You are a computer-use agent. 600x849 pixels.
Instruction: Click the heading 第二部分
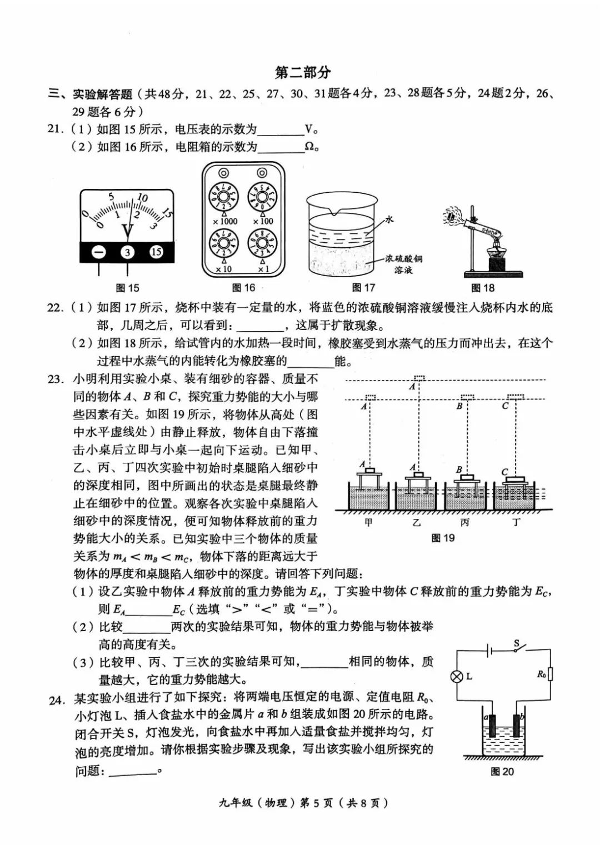pos(303,73)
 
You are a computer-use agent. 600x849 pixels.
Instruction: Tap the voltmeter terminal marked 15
pos(156,252)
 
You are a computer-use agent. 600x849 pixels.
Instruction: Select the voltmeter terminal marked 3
pos(127,252)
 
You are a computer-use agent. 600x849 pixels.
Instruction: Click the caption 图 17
pos(363,288)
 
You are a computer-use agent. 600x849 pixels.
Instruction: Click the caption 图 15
pos(127,288)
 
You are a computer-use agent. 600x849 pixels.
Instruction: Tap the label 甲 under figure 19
pos(368,522)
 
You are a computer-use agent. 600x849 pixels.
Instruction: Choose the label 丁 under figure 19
pos(516,522)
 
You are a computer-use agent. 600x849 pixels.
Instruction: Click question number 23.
pos(56,379)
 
